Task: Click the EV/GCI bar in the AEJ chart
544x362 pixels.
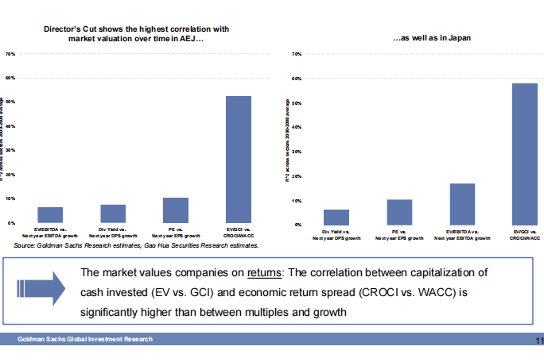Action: (239, 159)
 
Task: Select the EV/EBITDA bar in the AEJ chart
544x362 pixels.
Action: (50, 215)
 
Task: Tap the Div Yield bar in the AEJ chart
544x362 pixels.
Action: (113, 214)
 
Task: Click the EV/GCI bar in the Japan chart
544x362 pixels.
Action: (525, 154)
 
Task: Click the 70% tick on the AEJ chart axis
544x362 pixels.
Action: (10, 54)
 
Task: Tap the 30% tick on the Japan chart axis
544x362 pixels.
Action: (296, 152)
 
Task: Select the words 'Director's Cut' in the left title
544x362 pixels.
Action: (71, 29)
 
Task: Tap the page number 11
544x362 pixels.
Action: (538, 341)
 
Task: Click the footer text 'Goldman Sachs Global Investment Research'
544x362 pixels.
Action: (86, 340)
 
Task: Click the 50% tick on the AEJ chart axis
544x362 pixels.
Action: (10, 102)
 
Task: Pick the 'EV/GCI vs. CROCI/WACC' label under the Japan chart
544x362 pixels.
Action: (524, 235)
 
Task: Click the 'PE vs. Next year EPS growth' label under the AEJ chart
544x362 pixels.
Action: (176, 233)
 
